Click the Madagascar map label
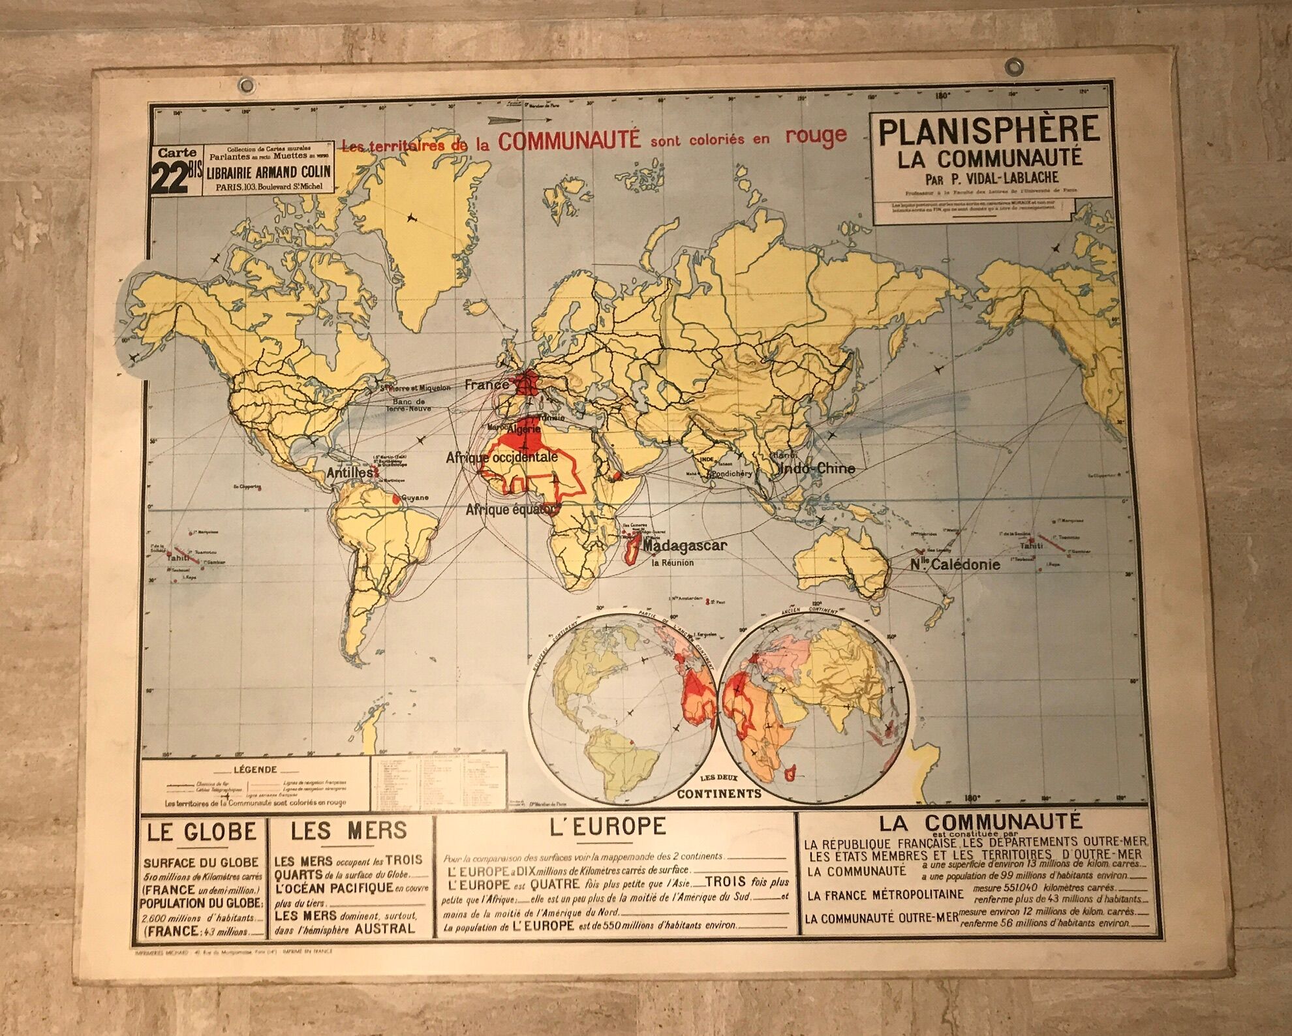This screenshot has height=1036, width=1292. click(684, 545)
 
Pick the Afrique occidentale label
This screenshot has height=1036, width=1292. click(502, 458)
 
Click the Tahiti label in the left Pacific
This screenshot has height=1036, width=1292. click(177, 558)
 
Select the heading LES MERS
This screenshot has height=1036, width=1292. click(349, 830)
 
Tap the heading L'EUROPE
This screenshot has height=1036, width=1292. click(608, 827)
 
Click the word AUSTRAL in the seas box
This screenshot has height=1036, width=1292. click(385, 928)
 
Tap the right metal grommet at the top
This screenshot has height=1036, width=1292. click(1014, 66)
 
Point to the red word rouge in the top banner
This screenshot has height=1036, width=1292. click(815, 135)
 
